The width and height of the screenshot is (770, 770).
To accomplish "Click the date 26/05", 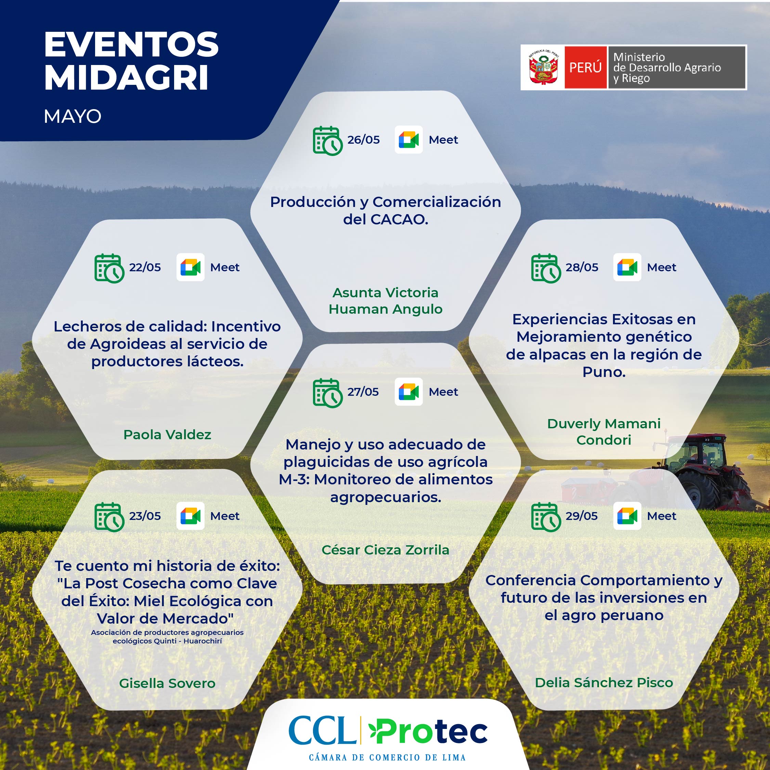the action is (x=363, y=140).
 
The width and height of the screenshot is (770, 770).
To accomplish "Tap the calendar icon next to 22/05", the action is (x=109, y=268).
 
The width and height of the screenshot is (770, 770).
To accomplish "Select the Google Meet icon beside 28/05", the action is (x=627, y=267).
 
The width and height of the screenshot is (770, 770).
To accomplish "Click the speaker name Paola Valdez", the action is (x=167, y=434).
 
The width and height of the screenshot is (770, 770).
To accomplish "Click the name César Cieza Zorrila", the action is (x=386, y=550).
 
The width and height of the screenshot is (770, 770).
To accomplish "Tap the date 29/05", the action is (x=582, y=516).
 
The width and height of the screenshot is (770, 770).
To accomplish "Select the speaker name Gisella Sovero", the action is (x=167, y=683).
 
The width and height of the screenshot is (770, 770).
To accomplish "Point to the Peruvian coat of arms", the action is (x=543, y=67).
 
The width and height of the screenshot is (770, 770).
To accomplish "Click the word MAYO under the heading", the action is (x=73, y=117).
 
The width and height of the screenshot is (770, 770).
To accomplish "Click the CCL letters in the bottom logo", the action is (x=322, y=731).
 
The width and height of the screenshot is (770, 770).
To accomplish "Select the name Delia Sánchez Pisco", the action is (x=604, y=682).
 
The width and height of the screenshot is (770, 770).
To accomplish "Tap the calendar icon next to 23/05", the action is (x=109, y=517).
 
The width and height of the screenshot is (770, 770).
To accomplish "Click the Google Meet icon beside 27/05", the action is (x=408, y=392).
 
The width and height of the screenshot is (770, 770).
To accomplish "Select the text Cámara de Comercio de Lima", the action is (x=387, y=757).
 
